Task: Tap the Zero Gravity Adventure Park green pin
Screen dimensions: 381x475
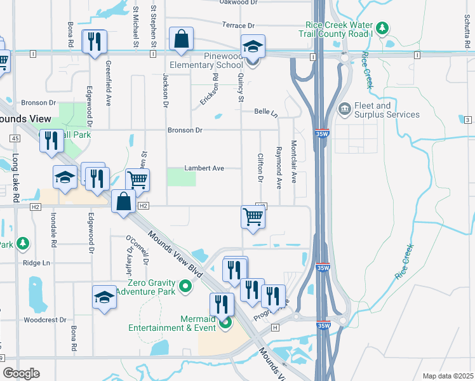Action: click(x=186, y=286)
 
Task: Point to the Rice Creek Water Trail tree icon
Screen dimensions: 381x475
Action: click(x=382, y=28)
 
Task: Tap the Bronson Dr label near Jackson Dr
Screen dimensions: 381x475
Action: click(x=185, y=130)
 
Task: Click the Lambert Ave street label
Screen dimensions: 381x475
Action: click(x=204, y=168)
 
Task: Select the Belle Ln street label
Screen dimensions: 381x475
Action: click(x=266, y=112)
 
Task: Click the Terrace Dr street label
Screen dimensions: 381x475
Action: click(x=238, y=25)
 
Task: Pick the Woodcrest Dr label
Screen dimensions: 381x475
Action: click(x=45, y=320)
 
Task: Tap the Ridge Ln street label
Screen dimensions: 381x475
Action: click(x=36, y=263)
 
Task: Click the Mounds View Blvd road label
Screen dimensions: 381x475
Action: click(x=175, y=252)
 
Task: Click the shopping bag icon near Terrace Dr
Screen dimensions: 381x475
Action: click(x=182, y=38)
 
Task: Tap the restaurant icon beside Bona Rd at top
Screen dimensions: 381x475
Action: click(x=95, y=42)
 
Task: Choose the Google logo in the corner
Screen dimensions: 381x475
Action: click(x=22, y=373)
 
